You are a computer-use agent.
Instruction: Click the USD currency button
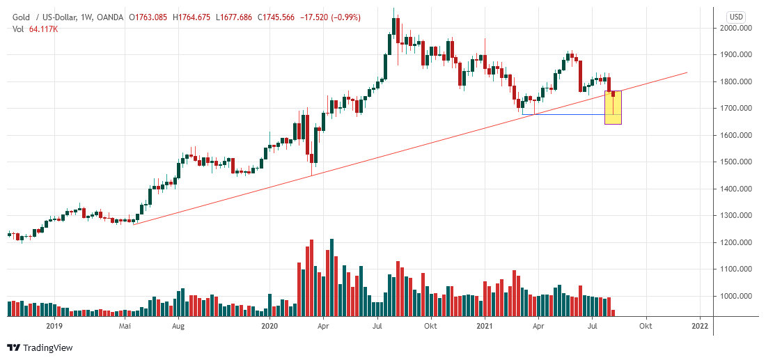tap(736, 16)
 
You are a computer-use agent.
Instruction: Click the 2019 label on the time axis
tap(54, 325)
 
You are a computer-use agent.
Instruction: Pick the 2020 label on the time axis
tap(270, 325)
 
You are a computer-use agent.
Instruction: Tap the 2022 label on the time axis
tap(700, 325)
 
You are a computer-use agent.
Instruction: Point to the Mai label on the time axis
tap(125, 325)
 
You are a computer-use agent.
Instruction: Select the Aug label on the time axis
tap(178, 325)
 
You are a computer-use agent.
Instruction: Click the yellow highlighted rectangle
tap(613, 108)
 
